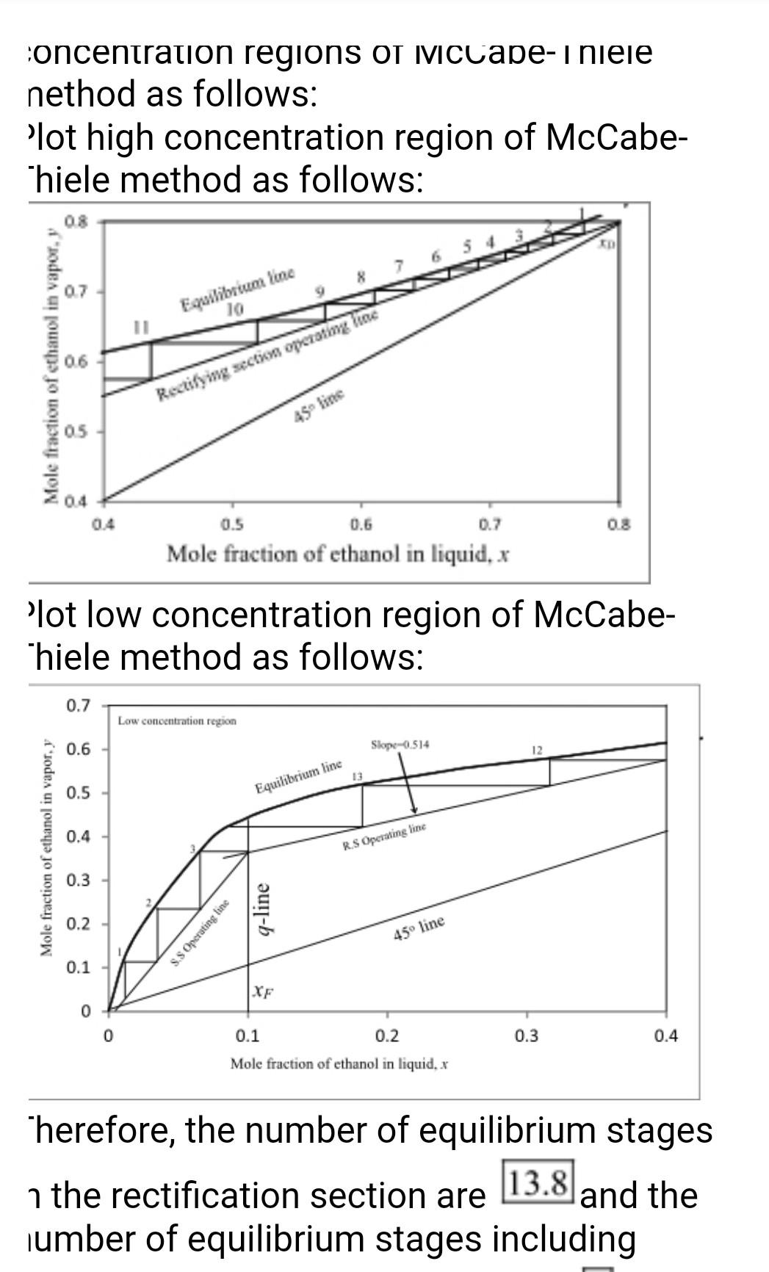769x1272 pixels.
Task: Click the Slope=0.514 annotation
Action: tap(400, 745)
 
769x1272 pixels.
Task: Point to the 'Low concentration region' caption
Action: tap(177, 721)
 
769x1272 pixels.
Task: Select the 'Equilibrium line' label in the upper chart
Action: tap(237, 290)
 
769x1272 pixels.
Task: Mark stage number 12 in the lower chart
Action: tap(536, 750)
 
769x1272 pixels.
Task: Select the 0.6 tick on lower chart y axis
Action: tap(78, 749)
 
